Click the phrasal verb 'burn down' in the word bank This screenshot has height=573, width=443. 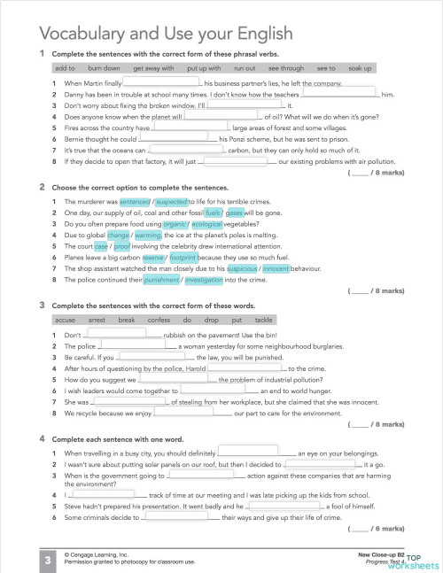(105, 67)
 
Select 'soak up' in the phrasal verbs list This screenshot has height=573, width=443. (360, 67)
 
